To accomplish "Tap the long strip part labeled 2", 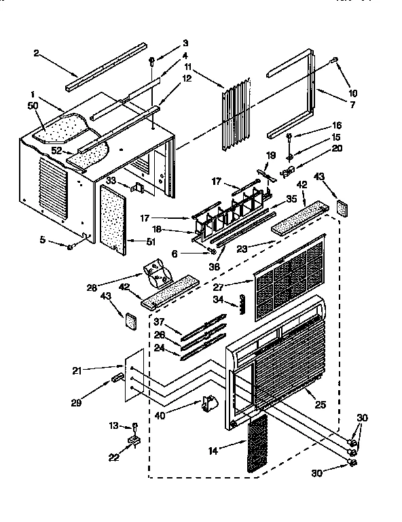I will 105,66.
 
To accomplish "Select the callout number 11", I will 188,68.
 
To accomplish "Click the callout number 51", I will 151,241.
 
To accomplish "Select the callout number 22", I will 113,457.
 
